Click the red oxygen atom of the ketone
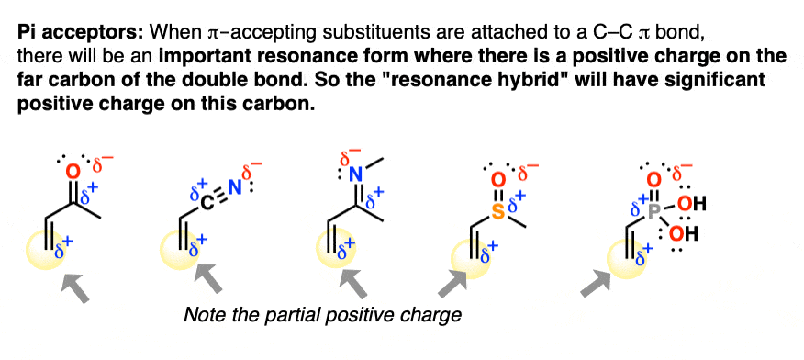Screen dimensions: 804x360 (73, 171)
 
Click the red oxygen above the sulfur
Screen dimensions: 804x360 (497, 179)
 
